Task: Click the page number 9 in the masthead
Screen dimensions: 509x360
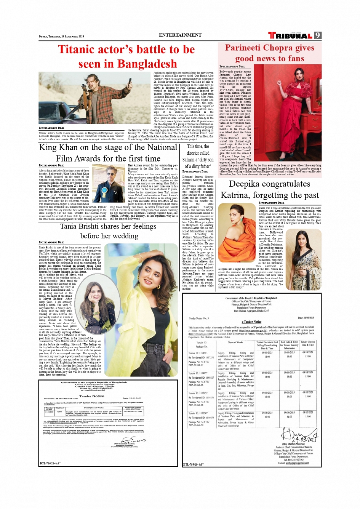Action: [x=317, y=35]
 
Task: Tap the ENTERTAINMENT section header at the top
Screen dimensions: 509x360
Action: [x=180, y=35]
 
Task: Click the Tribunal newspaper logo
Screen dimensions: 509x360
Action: [x=290, y=36]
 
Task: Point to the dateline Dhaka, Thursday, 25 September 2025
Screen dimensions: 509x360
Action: [x=61, y=37]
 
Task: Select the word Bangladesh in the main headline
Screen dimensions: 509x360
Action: [x=147, y=64]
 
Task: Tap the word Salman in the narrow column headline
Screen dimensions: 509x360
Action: [x=189, y=160]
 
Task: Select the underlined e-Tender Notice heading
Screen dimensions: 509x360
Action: [x=251, y=322]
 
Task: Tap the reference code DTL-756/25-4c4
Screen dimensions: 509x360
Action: [x=50, y=464]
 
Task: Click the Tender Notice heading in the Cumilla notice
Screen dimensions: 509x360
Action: [x=91, y=396]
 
